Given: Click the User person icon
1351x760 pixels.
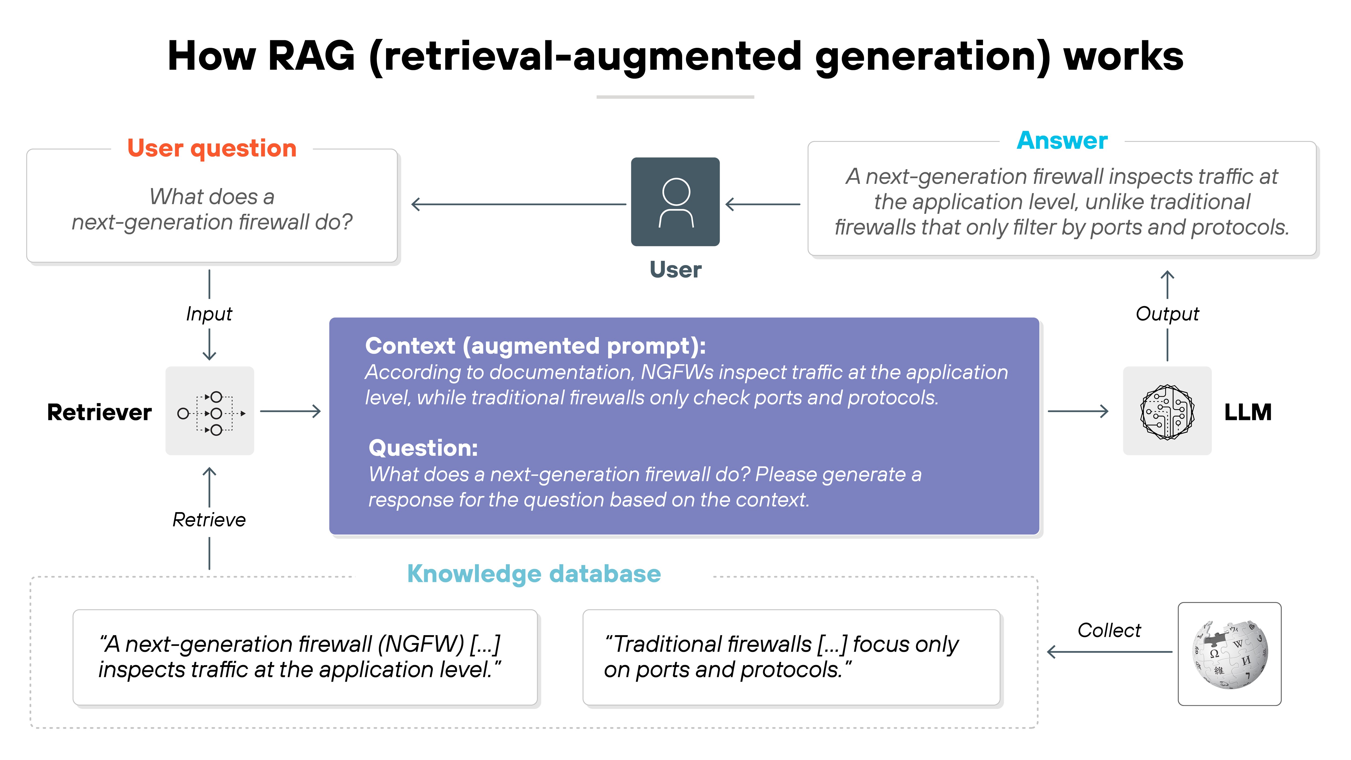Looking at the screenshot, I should (675, 202).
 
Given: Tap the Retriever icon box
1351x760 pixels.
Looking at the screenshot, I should (210, 411).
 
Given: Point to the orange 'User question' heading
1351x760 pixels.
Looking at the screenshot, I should (212, 148).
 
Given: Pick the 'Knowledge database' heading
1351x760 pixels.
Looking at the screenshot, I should (534, 574).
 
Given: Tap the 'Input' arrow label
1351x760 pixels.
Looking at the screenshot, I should (209, 314).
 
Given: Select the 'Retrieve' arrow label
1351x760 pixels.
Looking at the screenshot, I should (209, 520).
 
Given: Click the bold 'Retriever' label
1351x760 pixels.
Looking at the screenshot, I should (99, 412).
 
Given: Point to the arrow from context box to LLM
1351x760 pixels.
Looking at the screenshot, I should (1078, 411).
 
